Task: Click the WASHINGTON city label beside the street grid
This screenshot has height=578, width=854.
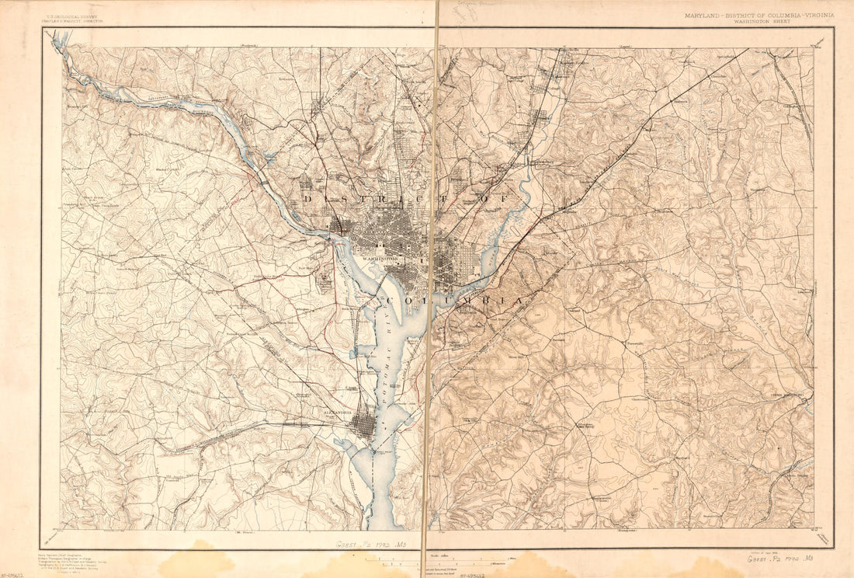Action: tap(380, 257)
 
